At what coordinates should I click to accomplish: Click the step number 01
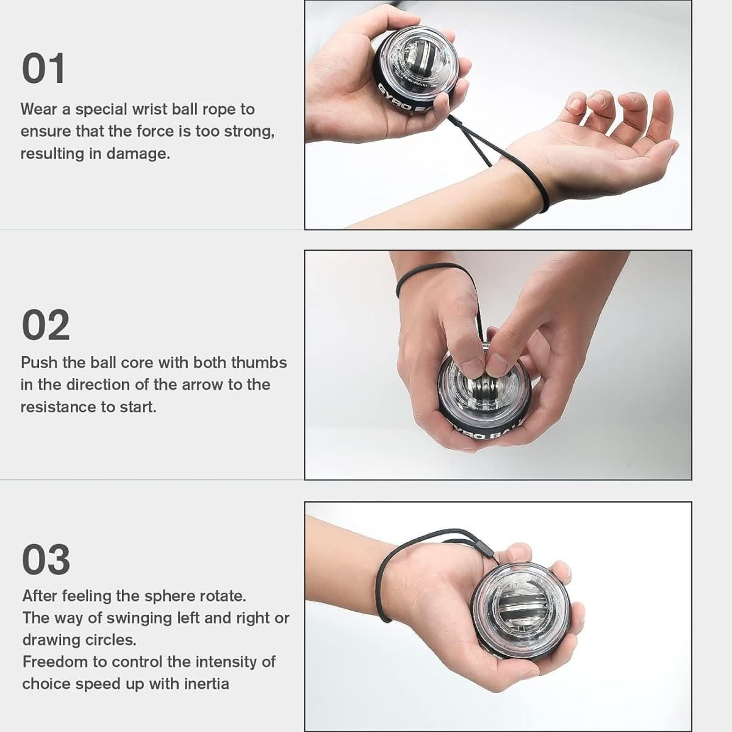point(43,69)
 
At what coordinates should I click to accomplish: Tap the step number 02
point(46,326)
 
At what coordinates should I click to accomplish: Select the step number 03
point(46,560)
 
